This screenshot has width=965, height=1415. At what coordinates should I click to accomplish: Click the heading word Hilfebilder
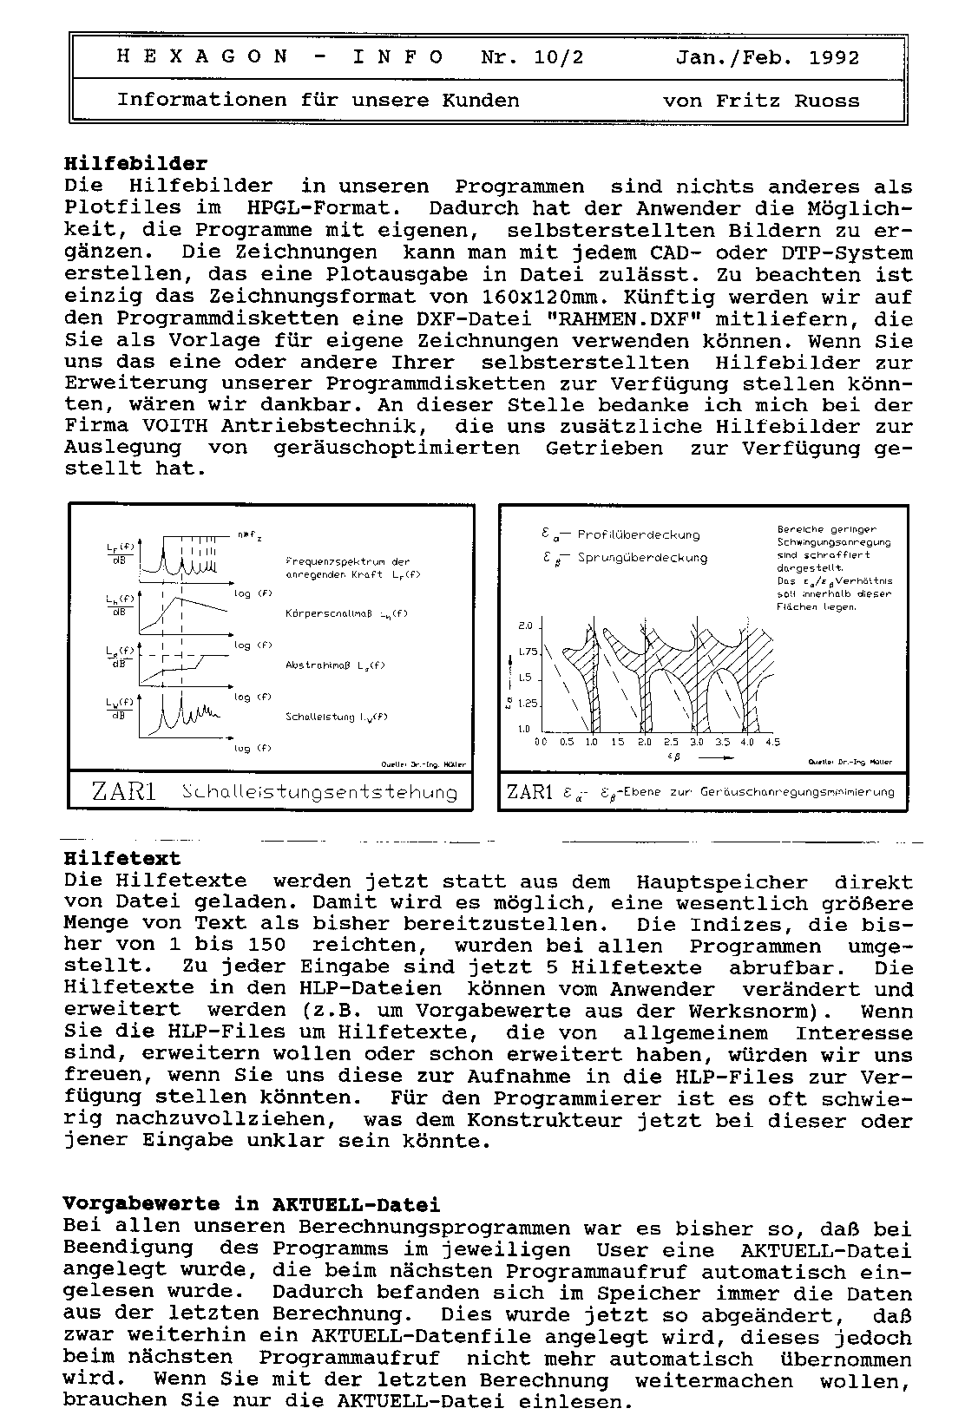pos(136,163)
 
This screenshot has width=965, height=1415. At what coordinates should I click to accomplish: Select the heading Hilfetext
pos(122,859)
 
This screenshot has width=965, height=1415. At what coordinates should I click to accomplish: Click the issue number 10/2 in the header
pos(559,58)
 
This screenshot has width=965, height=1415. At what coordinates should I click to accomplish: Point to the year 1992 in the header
pos(834,58)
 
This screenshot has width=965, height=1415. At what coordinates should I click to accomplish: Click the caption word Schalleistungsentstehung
pos(320,792)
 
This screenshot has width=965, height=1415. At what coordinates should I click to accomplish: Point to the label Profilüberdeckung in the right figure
pos(638,534)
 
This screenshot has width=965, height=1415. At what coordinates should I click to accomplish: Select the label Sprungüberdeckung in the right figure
pos(642,557)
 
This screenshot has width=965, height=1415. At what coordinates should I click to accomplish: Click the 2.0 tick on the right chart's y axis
pos(525,626)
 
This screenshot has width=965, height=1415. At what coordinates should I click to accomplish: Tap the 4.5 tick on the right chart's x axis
pos(772,743)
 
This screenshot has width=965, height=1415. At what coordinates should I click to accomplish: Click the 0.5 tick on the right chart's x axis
pos(567,743)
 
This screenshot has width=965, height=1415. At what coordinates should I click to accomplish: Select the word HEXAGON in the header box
pos(202,58)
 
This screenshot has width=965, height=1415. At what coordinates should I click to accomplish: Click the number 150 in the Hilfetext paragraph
pos(266,946)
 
